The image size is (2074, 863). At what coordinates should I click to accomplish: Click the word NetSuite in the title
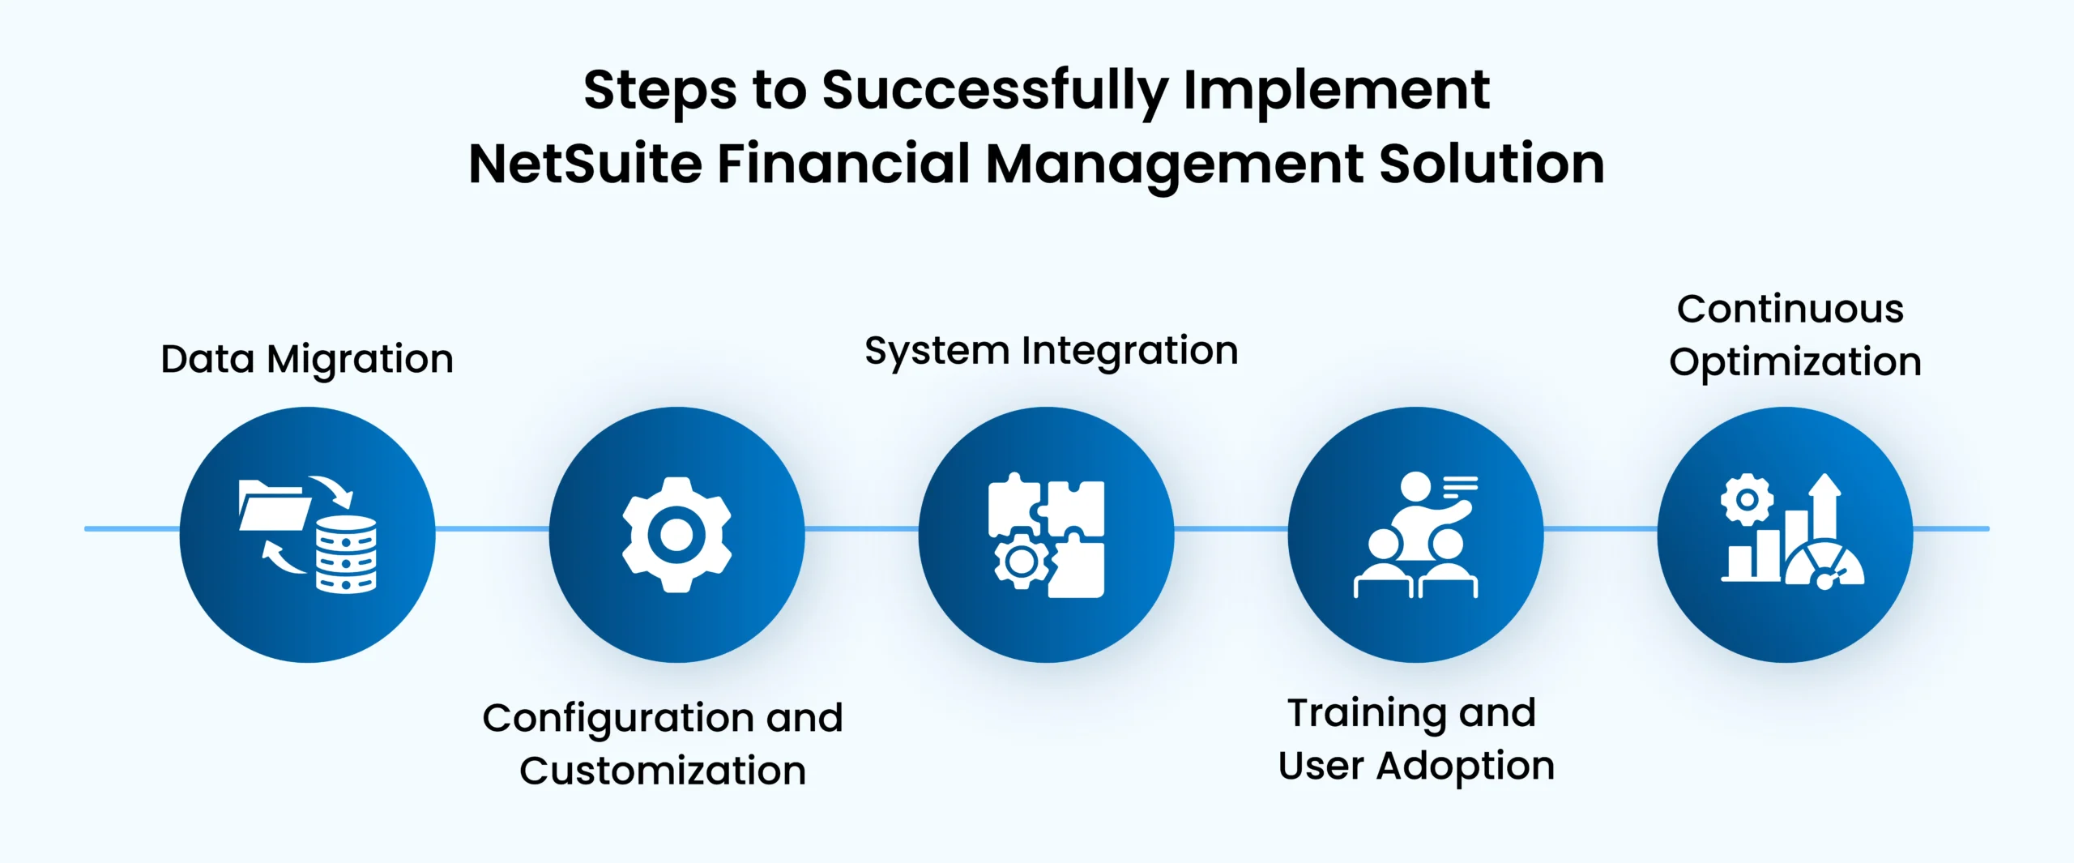click(x=586, y=164)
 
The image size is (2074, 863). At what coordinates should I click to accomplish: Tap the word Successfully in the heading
click(x=995, y=91)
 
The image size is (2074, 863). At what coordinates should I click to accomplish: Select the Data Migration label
click(x=307, y=360)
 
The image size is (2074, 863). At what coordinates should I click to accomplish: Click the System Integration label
click(x=1052, y=352)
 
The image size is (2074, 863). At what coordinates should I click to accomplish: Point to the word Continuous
click(x=1790, y=309)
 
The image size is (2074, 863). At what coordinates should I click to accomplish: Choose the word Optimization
click(x=1795, y=361)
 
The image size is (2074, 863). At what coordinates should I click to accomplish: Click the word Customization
click(x=663, y=771)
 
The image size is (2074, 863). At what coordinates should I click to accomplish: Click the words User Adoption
click(x=1416, y=767)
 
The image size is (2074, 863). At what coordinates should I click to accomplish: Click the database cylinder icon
click(x=346, y=554)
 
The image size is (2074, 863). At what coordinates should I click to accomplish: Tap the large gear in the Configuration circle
click(x=676, y=535)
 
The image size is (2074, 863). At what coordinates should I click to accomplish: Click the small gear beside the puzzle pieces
click(x=1021, y=559)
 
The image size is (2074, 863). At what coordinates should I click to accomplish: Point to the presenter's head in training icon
click(x=1416, y=486)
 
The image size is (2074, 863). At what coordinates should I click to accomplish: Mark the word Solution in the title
click(x=1491, y=164)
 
